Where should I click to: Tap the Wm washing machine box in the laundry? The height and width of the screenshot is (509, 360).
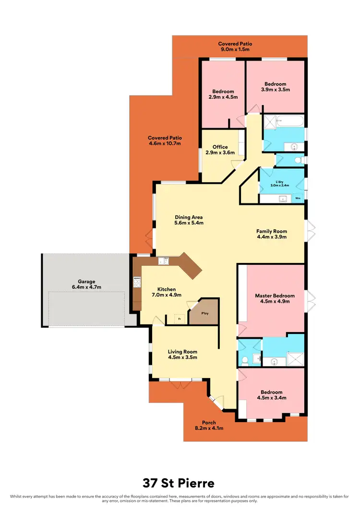298,197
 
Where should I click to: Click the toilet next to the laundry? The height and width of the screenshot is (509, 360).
298,160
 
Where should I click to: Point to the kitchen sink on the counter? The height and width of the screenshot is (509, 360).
163,261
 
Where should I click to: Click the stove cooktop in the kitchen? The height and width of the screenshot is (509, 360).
136,282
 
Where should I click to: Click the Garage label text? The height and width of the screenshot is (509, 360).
87,282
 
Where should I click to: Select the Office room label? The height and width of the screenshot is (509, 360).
220,147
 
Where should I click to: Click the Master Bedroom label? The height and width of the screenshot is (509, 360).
275,296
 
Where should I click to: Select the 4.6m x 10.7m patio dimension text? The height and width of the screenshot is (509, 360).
164,143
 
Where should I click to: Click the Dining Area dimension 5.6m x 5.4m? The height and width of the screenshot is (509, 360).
189,223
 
